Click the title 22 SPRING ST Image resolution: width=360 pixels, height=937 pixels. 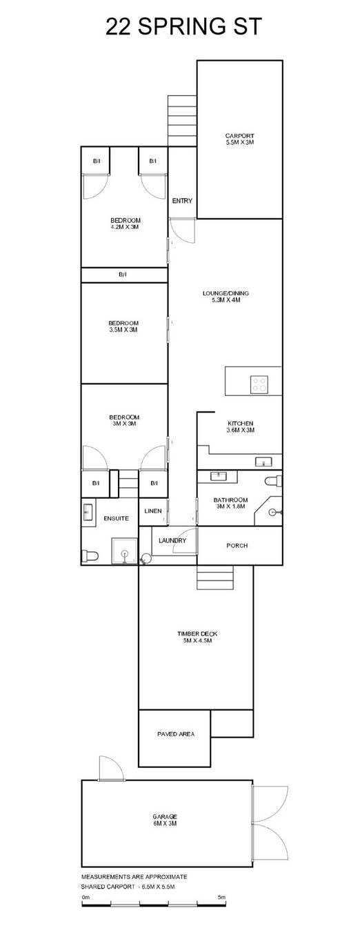pos(183,26)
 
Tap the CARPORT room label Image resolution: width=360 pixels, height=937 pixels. pos(239,135)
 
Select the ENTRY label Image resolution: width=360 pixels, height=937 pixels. pos(182,201)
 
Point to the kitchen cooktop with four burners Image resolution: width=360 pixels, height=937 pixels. pos(259,384)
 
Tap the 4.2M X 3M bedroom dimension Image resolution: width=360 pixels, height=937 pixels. pos(126,227)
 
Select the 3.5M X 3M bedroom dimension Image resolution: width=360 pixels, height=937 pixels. pos(123,330)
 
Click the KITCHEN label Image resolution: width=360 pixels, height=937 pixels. pos(241,424)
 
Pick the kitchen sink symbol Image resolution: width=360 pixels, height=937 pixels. pos(264,462)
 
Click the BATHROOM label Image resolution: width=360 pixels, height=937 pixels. pos(230,500)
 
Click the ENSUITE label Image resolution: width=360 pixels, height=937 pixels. pos(117,518)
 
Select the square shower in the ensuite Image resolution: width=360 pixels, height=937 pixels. pos(124,551)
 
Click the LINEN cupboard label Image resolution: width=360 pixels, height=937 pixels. pos(153,511)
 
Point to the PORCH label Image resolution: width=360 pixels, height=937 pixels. pos(237,546)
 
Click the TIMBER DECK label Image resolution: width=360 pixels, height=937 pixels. pos(197,633)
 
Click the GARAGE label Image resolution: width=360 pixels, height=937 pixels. pos(165,816)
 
